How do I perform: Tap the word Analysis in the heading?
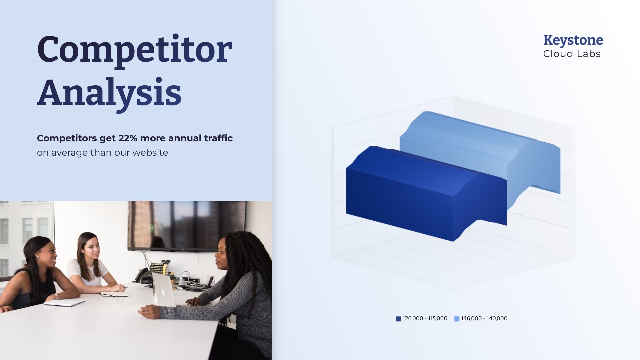pyautogui.click(x=109, y=92)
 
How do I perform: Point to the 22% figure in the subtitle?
pyautogui.click(x=128, y=138)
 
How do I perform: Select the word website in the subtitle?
pyautogui.click(x=150, y=153)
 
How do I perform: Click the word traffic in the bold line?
pyautogui.click(x=218, y=138)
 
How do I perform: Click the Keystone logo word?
pyautogui.click(x=573, y=40)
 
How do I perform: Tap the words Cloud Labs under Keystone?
pyautogui.click(x=572, y=54)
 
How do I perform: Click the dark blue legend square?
pyautogui.click(x=398, y=319)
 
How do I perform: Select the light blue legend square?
pyautogui.click(x=457, y=319)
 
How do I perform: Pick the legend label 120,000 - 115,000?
pyautogui.click(x=425, y=319)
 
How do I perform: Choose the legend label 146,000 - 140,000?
pyautogui.click(x=484, y=319)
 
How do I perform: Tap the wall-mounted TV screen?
pyautogui.click(x=187, y=225)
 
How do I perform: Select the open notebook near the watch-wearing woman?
pyautogui.click(x=65, y=302)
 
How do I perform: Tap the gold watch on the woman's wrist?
pyautogui.click(x=55, y=296)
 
